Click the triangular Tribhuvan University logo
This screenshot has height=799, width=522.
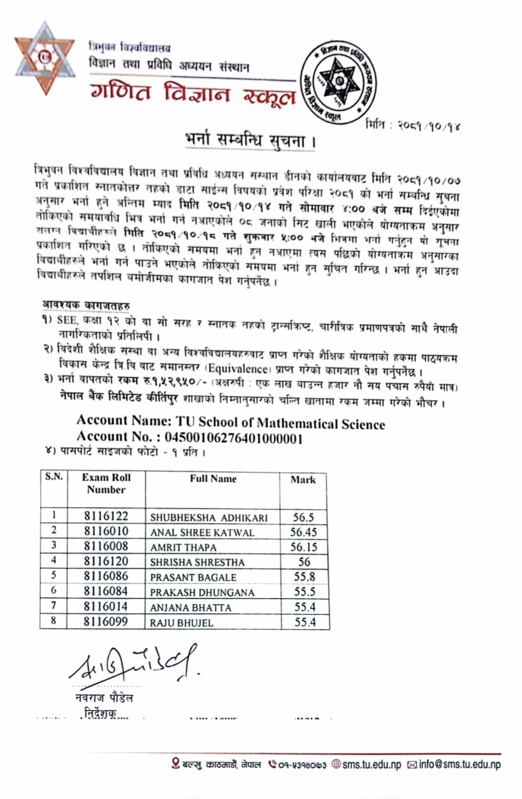(44, 58)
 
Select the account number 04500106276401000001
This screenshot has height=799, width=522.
(234, 438)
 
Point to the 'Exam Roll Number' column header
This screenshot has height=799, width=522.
(106, 483)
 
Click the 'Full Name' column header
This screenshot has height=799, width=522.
(213, 479)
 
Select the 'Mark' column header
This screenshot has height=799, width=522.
(303, 480)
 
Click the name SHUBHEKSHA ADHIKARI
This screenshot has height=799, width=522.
(209, 518)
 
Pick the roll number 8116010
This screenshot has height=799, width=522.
(106, 531)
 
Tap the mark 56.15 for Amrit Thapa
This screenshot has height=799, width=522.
(303, 547)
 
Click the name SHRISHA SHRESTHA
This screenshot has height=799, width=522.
(197, 562)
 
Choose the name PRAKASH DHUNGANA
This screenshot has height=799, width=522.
(202, 593)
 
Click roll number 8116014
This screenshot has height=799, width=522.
(106, 607)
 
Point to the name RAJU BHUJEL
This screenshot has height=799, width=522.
(181, 623)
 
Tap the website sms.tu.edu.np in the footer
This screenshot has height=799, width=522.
(371, 764)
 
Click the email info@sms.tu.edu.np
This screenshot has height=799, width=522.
(460, 764)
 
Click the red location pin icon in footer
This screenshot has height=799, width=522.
(176, 763)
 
